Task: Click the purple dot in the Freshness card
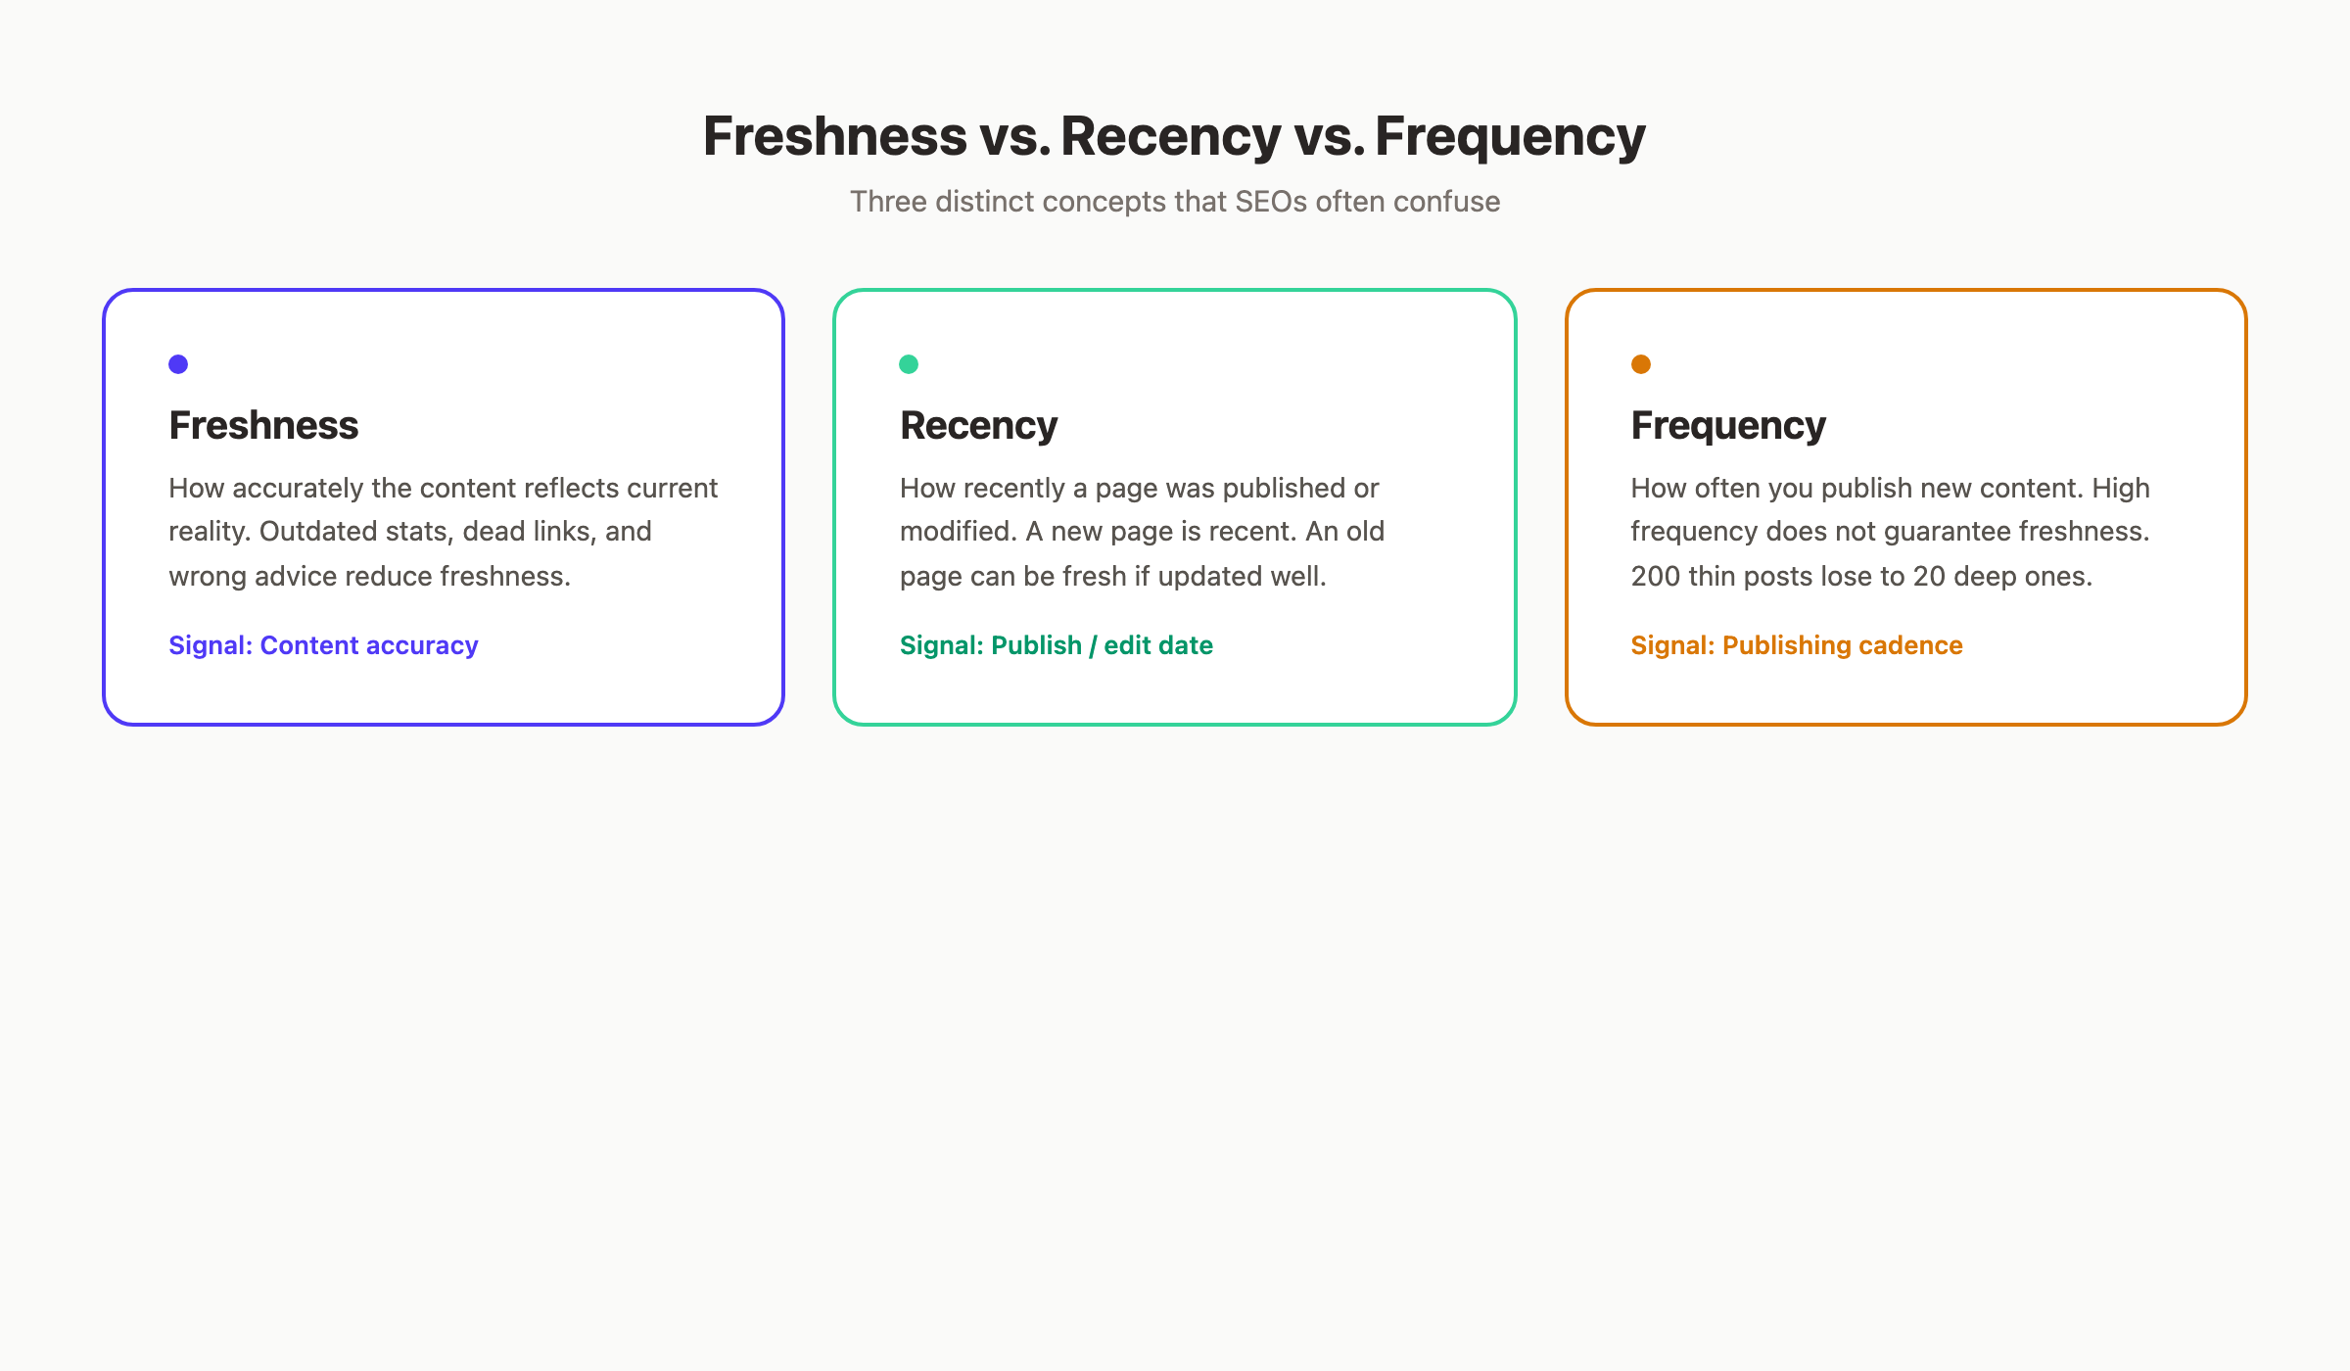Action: [178, 364]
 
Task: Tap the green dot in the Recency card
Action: [909, 364]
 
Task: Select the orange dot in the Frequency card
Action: [1641, 364]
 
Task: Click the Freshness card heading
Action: [263, 426]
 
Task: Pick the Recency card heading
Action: [978, 426]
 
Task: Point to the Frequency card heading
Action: [1728, 426]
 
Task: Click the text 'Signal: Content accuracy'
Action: [323, 645]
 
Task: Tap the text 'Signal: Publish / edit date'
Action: [1056, 645]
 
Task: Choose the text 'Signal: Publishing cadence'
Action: [1796, 645]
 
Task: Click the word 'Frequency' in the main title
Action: [1510, 136]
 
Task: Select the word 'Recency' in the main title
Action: [1170, 136]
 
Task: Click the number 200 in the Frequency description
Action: [1655, 576]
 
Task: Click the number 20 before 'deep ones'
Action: [1929, 576]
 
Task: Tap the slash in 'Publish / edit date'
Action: [1093, 645]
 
